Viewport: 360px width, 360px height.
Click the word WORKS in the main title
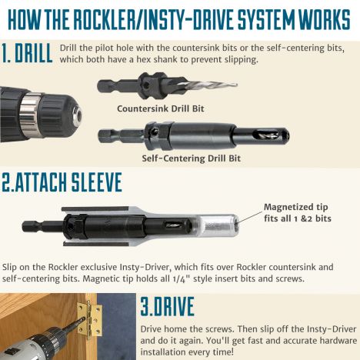click(325, 19)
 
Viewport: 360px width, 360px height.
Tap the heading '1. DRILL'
click(27, 53)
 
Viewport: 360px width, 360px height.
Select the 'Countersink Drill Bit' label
click(161, 108)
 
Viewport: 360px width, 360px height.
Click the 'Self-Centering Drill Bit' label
click(192, 158)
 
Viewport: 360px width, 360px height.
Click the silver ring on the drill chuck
click(30, 115)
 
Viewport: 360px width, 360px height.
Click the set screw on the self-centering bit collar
click(154, 132)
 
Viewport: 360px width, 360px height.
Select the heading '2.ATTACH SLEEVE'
click(62, 182)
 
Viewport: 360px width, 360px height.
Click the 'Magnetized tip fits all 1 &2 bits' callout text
click(298, 212)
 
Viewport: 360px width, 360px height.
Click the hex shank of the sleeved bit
click(42, 226)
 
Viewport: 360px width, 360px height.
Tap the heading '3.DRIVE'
click(167, 306)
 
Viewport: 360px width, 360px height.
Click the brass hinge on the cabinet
click(90, 318)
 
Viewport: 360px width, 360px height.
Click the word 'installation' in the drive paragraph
click(165, 352)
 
